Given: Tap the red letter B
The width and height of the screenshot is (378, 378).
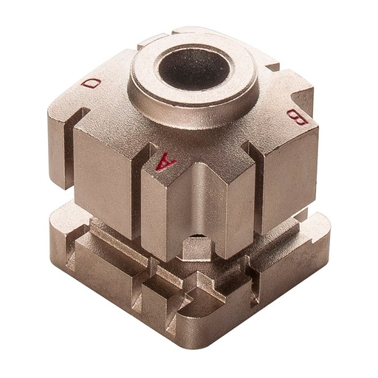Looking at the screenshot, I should [293, 116].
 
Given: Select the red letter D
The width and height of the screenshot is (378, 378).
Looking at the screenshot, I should [92, 83].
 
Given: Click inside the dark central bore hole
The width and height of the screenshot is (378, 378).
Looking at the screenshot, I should [194, 67].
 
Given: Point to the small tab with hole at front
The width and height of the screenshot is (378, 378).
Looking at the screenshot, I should [195, 247].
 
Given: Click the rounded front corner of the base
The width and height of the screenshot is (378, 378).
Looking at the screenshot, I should [199, 336].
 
